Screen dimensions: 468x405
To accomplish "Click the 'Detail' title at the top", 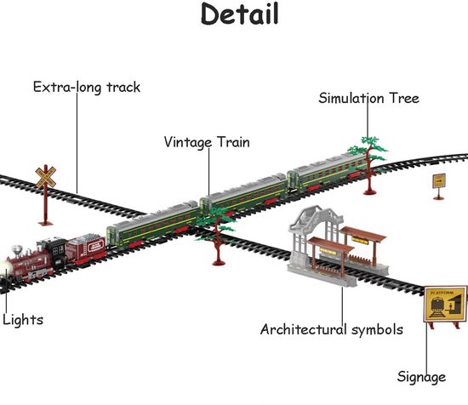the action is pyautogui.click(x=240, y=14).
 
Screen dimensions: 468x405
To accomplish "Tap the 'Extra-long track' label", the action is pyautogui.click(x=87, y=88).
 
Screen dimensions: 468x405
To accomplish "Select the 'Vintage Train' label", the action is pyautogui.click(x=207, y=142).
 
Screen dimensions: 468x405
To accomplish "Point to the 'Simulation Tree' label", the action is pyautogui.click(x=368, y=98).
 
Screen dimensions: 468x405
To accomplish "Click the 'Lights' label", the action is pyautogui.click(x=23, y=320).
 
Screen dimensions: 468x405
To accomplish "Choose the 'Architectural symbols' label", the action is pyautogui.click(x=332, y=330).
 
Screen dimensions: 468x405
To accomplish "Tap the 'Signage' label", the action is pyautogui.click(x=421, y=377).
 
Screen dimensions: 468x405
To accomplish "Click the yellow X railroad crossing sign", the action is pyautogui.click(x=46, y=177).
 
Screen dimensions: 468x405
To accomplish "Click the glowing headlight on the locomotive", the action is pyautogui.click(x=4, y=269).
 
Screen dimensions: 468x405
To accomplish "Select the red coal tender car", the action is pyautogui.click(x=86, y=248).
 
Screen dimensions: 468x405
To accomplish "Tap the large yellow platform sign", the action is pyautogui.click(x=446, y=304).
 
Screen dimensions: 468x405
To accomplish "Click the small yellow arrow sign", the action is pyautogui.click(x=439, y=181).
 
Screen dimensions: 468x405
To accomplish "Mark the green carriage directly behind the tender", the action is pyautogui.click(x=152, y=226).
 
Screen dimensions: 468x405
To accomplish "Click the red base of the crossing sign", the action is pyautogui.click(x=46, y=223).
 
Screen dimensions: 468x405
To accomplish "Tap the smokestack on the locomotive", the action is pyautogui.click(x=17, y=251).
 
